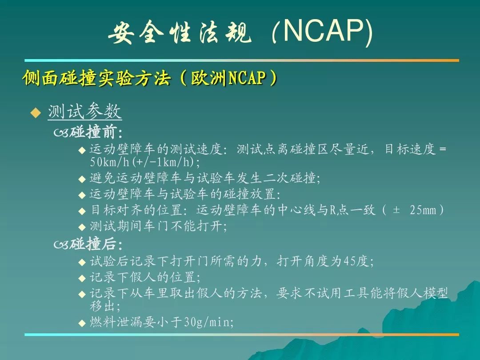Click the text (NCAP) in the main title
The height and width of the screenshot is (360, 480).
pyautogui.click(x=322, y=32)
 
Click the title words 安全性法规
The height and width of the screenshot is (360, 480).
pyautogui.click(x=180, y=32)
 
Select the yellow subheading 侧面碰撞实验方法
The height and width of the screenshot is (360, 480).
pyautogui.click(x=96, y=78)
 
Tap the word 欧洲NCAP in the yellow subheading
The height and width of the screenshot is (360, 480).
pyautogui.click(x=228, y=78)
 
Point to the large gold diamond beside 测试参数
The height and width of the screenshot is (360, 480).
pyautogui.click(x=36, y=112)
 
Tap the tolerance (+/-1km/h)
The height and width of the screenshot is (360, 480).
pyautogui.click(x=164, y=162)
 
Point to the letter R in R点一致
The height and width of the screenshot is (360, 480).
pyautogui.click(x=333, y=210)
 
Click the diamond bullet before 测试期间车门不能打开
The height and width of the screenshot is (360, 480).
pyautogui.click(x=82, y=227)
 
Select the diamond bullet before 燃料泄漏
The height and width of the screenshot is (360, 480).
pyautogui.click(x=82, y=323)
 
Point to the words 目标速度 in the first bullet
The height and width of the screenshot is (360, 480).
pyautogui.click(x=410, y=149)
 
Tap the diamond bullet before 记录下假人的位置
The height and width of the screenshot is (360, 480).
pyautogui.click(x=82, y=278)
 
